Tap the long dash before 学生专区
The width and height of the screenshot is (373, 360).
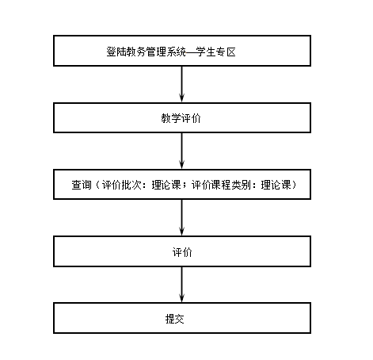click(x=191, y=52)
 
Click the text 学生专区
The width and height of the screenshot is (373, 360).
click(x=216, y=52)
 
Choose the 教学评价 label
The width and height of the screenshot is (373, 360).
click(x=181, y=118)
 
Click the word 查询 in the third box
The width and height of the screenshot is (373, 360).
click(x=82, y=185)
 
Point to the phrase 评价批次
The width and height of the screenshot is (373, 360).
click(x=122, y=185)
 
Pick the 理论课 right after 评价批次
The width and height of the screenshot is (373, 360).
click(x=166, y=185)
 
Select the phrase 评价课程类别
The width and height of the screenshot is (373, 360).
click(x=221, y=185)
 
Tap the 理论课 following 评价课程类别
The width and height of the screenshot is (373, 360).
click(x=276, y=185)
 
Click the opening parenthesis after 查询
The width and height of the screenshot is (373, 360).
click(x=97, y=185)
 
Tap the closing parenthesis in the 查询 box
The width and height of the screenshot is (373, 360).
click(x=294, y=185)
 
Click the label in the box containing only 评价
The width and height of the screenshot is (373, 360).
click(x=182, y=252)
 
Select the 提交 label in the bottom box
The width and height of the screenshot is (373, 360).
click(x=175, y=319)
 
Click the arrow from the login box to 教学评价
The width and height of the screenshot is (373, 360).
click(x=181, y=84)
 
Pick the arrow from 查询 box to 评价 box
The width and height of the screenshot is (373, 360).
click(x=181, y=217)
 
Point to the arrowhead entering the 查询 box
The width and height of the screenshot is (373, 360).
click(x=181, y=163)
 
